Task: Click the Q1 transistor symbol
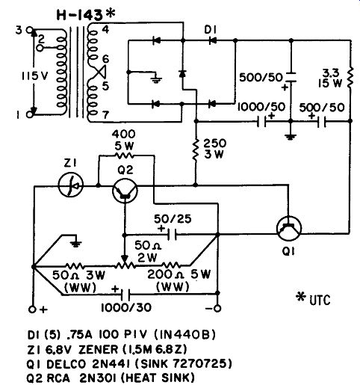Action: pos(289,228)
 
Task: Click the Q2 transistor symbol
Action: pos(125,191)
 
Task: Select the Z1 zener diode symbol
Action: pos(71,185)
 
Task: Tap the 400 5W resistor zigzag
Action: pos(124,155)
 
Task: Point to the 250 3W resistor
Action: pos(196,150)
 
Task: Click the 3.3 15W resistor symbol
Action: pos(350,77)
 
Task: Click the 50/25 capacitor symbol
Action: pos(173,235)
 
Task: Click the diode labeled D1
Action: pos(212,40)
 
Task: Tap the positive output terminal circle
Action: pos(32,309)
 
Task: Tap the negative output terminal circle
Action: pos(217,309)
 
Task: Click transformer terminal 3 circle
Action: pos(30,30)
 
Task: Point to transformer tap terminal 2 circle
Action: pos(40,48)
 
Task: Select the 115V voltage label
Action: pos(34,76)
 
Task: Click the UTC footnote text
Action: pos(320,300)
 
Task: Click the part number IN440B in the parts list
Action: pos(184,335)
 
